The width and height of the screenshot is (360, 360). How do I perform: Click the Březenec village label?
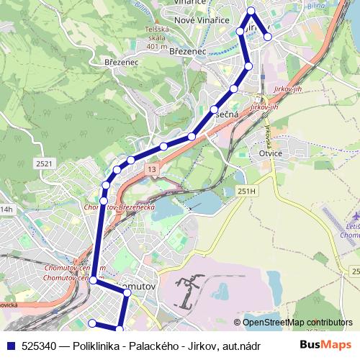(x=120, y=62)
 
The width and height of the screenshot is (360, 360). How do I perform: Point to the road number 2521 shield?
(x=45, y=164)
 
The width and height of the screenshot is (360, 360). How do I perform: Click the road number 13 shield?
(x=150, y=168)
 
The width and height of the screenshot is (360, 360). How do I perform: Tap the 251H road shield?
(x=246, y=191)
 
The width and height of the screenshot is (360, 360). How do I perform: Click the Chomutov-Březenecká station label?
(x=120, y=207)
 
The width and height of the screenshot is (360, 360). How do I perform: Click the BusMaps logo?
(x=326, y=345)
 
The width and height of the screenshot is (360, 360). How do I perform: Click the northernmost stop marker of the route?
(x=251, y=10)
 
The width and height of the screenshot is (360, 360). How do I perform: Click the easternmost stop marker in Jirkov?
(x=268, y=36)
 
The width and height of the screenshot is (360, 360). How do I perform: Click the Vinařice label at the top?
(x=189, y=3)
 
